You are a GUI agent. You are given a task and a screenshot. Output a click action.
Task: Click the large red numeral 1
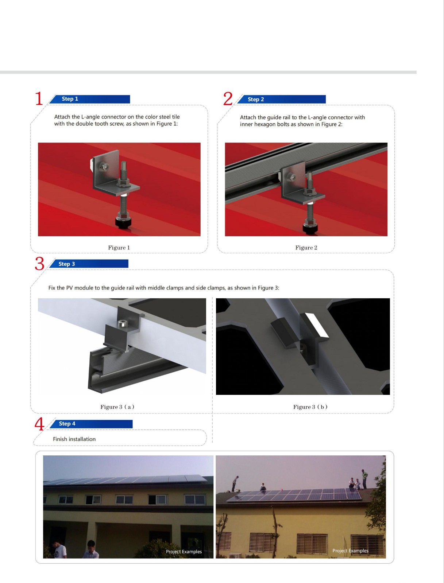coord(39,98)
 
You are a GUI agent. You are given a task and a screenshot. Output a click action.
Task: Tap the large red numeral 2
coord(228,98)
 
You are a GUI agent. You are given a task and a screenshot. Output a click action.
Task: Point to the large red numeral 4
coord(39,424)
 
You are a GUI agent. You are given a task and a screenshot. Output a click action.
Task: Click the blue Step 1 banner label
coord(70,99)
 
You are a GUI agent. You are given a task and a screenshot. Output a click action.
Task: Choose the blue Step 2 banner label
coord(256,99)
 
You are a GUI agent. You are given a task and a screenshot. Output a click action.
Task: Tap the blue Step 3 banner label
coord(66,264)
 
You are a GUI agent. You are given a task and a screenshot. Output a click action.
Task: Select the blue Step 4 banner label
coord(67,424)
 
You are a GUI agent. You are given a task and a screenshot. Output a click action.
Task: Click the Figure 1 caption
coord(119,248)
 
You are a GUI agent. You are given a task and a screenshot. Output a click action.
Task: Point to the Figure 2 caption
coord(306,248)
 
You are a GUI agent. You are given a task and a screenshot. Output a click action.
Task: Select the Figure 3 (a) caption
coord(117,407)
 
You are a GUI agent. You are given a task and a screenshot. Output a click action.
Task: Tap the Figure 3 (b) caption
coord(310,407)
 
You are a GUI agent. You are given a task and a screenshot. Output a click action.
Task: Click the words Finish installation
coord(74,439)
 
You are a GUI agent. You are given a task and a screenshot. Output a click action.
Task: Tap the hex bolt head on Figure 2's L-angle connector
coord(292,177)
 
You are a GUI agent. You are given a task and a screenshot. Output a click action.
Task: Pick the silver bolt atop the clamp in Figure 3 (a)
coord(123,324)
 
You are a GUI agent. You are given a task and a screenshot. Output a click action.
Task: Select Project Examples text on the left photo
coord(184,552)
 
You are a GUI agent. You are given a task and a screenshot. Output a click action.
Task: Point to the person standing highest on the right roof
coord(364,479)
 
